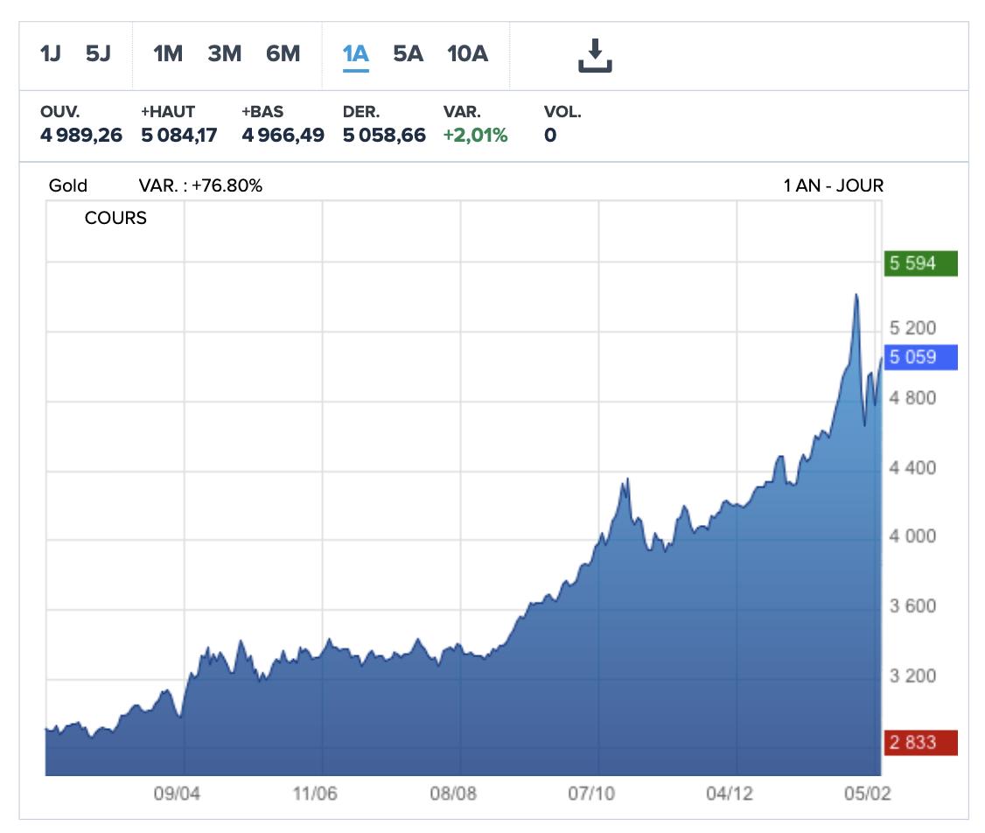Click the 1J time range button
click(x=51, y=54)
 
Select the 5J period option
click(x=98, y=54)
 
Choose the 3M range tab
click(x=224, y=54)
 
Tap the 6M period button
click(x=283, y=54)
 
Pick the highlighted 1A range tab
click(x=355, y=54)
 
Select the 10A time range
click(x=467, y=54)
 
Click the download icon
click(x=595, y=55)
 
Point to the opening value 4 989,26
click(x=81, y=136)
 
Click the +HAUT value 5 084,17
click(x=179, y=136)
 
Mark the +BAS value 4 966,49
click(x=283, y=136)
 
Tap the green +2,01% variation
click(x=476, y=136)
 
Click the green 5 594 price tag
click(x=921, y=263)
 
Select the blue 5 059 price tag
click(x=921, y=357)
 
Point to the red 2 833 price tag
click(x=921, y=743)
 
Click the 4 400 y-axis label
click(x=913, y=468)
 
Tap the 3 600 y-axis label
click(x=913, y=606)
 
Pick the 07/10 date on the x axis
click(x=591, y=794)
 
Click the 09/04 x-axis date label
click(x=177, y=794)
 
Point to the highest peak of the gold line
click(x=856, y=295)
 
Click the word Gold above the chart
click(x=68, y=185)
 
